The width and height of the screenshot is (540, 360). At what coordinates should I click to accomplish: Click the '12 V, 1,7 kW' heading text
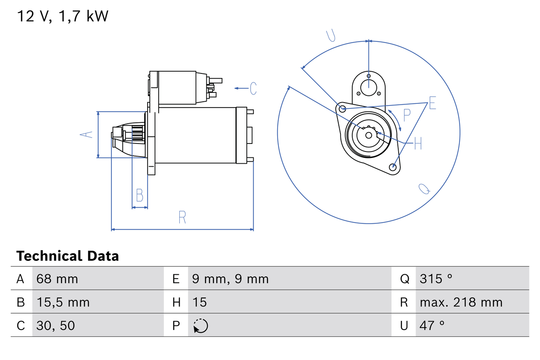click(x=62, y=16)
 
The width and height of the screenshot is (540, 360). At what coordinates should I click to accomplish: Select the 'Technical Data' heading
click(x=67, y=256)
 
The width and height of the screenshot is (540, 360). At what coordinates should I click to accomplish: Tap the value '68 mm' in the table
click(x=57, y=279)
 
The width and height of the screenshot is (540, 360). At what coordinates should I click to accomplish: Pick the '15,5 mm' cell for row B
click(x=63, y=302)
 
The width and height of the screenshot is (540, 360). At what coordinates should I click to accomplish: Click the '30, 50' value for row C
click(x=56, y=325)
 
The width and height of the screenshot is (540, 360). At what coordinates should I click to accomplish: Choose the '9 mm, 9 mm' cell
click(x=230, y=279)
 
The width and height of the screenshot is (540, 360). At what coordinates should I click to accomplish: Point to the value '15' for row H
click(x=200, y=302)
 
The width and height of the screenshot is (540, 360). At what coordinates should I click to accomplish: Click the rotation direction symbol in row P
click(x=200, y=326)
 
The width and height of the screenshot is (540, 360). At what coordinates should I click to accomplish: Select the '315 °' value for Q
click(x=436, y=279)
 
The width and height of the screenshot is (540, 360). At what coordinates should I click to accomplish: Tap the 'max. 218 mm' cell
click(x=461, y=302)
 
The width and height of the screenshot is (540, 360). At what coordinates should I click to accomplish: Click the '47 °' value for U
click(x=432, y=325)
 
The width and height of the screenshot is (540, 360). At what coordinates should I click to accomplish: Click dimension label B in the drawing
click(x=140, y=196)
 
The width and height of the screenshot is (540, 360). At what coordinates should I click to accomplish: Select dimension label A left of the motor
click(x=86, y=135)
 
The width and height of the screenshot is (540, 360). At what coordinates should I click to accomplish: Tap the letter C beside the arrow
click(x=253, y=88)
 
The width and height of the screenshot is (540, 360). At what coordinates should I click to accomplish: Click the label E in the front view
click(x=432, y=103)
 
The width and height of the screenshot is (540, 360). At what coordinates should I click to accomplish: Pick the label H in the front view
click(x=418, y=144)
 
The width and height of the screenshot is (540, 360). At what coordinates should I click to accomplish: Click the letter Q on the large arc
click(x=424, y=189)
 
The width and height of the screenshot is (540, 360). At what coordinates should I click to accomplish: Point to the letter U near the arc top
click(x=332, y=36)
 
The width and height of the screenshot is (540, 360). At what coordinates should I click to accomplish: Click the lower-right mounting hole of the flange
click(x=393, y=167)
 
